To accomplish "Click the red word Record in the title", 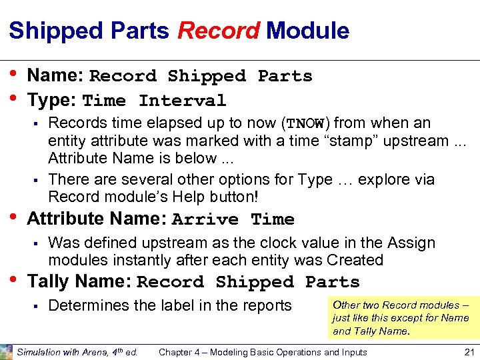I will point(218,31).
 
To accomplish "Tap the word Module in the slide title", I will point(307,31).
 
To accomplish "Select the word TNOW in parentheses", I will point(305,124).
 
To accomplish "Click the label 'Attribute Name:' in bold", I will point(97,219).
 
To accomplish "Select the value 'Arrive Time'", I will point(233,219).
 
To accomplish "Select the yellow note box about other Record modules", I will point(402,317).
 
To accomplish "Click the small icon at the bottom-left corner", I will point(6,352).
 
